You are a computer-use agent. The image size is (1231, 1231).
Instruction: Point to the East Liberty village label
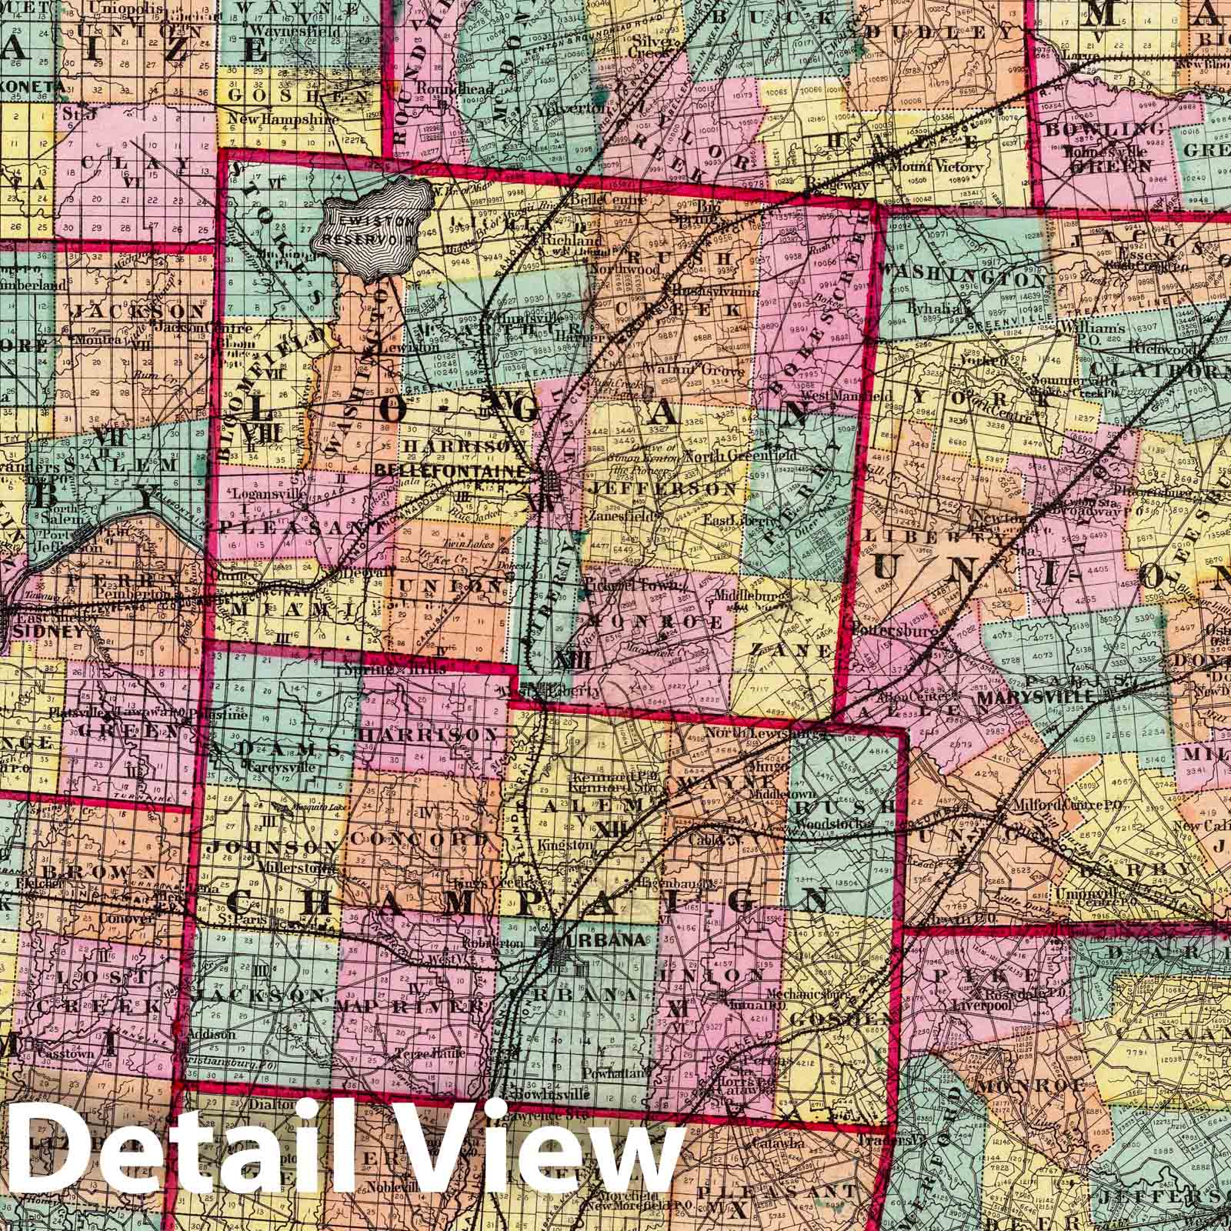pos(739,520)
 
